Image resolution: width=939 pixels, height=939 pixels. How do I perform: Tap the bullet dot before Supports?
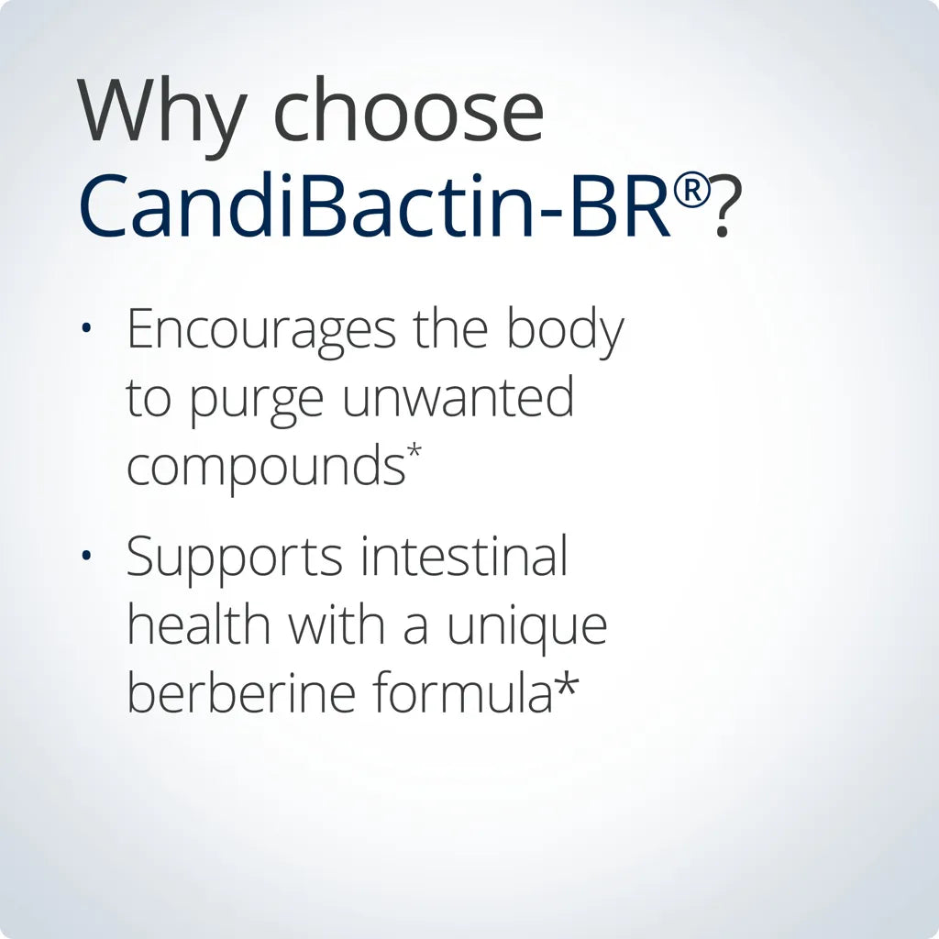click(86, 557)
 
